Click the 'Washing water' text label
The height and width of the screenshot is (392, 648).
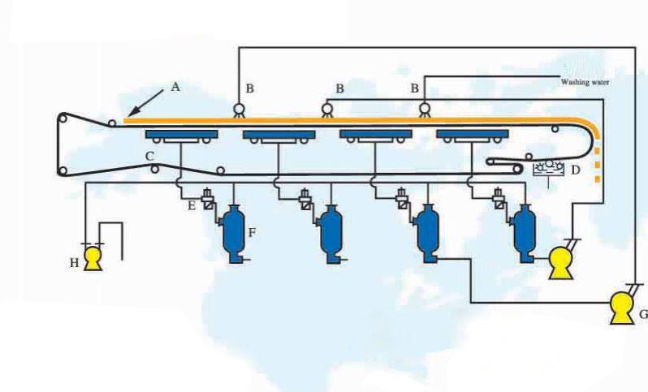pos(585,82)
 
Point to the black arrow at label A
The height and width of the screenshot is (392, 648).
pos(143,106)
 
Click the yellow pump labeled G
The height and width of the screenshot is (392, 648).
pos(623,306)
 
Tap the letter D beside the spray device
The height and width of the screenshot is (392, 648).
pos(575,170)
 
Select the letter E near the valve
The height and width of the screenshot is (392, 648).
pos(191,206)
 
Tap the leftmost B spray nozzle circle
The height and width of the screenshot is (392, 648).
pos(240,109)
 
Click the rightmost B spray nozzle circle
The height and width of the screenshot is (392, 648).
pos(423,109)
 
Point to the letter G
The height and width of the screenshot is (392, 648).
pos(642,313)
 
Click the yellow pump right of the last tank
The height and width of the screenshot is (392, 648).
pos(561,261)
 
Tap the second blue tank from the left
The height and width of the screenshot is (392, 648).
pos(330,234)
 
